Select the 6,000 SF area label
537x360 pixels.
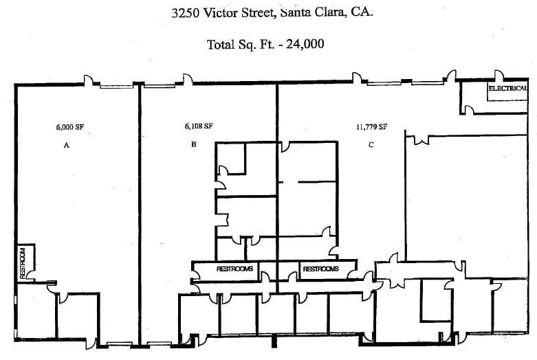click(x=69, y=126)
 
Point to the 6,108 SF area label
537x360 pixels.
click(x=198, y=126)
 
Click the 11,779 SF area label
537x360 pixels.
click(x=371, y=126)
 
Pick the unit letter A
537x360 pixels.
click(x=67, y=146)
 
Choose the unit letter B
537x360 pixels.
click(x=195, y=144)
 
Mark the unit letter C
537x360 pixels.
click(x=371, y=144)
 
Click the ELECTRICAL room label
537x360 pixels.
click(x=507, y=89)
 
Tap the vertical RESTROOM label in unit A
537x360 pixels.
click(x=23, y=262)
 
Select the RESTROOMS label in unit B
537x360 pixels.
click(x=235, y=269)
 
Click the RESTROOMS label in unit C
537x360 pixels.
click(x=320, y=269)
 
